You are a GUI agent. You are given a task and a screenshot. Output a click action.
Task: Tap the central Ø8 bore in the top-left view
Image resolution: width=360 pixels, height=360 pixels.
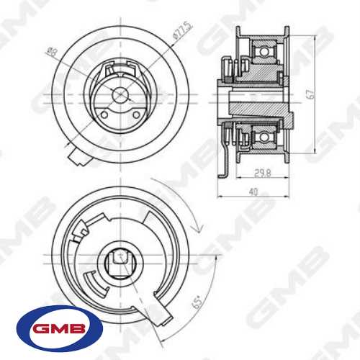click(x=121, y=96)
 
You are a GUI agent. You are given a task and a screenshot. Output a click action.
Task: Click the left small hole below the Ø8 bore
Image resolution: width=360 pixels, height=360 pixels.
click(x=105, y=114)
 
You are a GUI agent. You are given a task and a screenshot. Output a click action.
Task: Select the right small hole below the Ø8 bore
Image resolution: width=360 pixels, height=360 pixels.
click(x=137, y=114)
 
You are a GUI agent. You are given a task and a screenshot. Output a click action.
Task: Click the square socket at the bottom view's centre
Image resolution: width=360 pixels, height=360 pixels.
click(x=121, y=256)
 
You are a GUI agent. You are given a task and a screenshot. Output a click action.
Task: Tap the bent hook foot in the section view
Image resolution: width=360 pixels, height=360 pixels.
click(x=226, y=173)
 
